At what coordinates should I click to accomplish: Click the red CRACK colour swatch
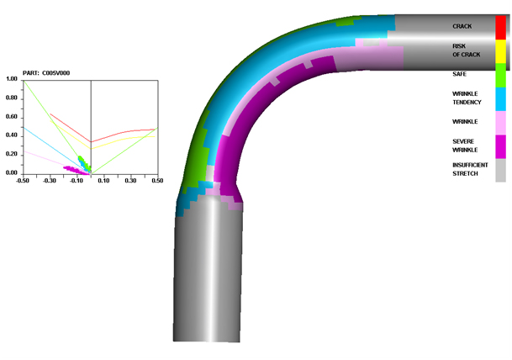pos(500,28)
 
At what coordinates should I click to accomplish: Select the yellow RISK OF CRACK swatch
pos(500,51)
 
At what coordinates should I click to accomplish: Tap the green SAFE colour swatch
pos(500,75)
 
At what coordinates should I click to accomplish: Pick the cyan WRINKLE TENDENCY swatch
pos(500,99)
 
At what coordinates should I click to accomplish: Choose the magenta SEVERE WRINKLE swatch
pos(500,146)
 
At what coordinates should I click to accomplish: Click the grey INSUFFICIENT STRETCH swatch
pos(500,170)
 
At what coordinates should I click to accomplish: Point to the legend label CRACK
pos(462,26)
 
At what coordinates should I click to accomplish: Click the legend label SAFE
pos(459,74)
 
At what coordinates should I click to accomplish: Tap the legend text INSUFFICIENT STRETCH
pos(470,169)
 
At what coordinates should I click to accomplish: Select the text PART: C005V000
pos(46,73)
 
